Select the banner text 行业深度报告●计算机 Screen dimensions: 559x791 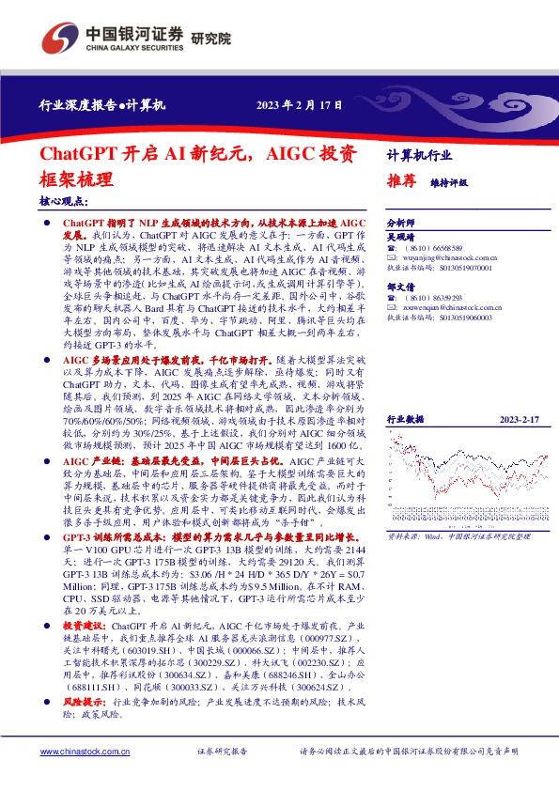(102, 105)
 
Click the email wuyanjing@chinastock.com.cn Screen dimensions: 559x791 (445, 256)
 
